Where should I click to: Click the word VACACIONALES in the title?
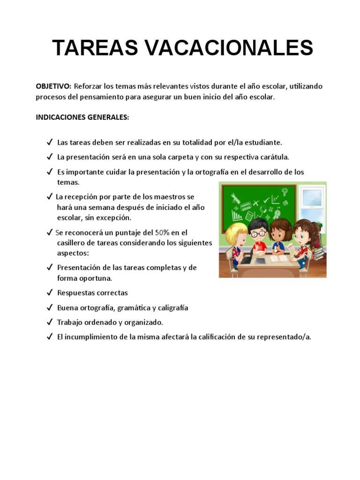tap(226, 48)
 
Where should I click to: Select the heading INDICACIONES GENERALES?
tap(82, 117)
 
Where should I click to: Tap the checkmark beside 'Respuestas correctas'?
tap(49, 292)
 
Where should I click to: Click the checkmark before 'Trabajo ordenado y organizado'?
tap(49, 322)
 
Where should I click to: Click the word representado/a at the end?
tap(286, 337)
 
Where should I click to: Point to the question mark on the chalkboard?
tap(285, 191)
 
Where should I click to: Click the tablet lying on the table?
tap(259, 259)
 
